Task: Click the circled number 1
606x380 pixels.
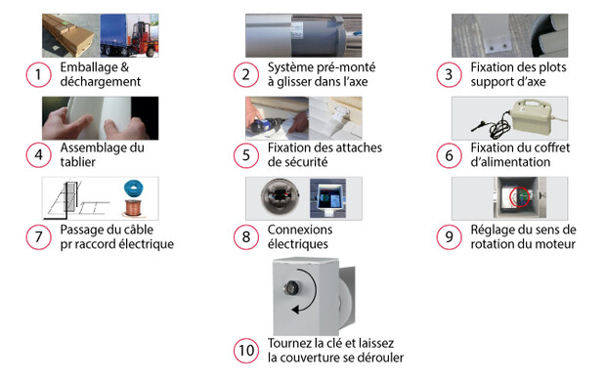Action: coord(38,74)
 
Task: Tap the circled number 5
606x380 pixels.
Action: coord(245,155)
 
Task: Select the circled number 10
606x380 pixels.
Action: coord(245,351)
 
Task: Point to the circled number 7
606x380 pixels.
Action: coord(38,236)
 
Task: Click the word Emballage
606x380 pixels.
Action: coord(89,68)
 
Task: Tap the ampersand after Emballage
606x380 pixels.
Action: coord(124,67)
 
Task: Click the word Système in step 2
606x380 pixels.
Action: coord(290,67)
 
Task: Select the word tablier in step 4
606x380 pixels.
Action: coord(77,162)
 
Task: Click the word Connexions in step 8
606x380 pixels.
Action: coord(300,230)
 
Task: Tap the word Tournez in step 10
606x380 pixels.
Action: coord(290,343)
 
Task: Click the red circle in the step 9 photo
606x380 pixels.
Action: coord(519,197)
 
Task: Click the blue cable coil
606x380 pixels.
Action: coord(133,189)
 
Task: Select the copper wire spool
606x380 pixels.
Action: coord(133,208)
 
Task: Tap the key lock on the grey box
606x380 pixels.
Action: coord(290,288)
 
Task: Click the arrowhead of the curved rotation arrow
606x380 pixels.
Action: coord(295,309)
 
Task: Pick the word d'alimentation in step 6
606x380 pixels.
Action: coord(510,162)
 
